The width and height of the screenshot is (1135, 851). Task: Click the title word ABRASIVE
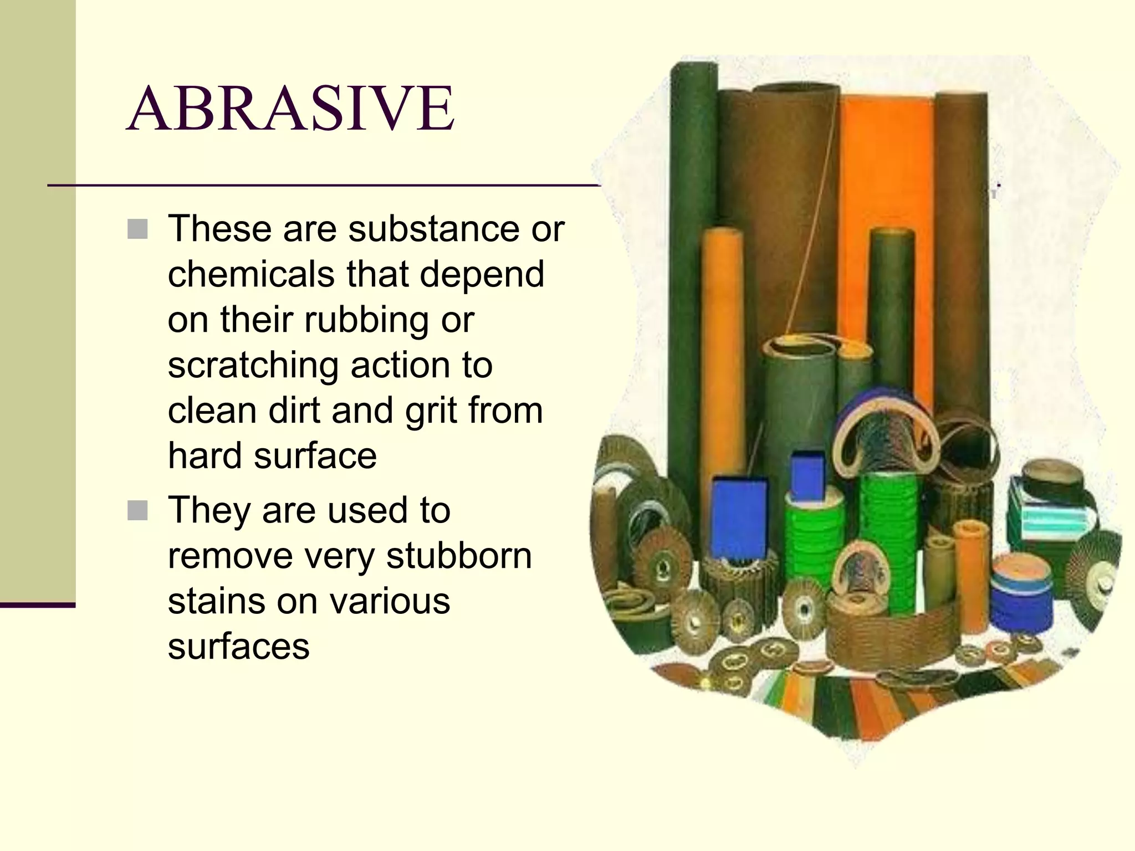[x=292, y=109]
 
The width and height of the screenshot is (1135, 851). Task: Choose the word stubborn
[x=459, y=556]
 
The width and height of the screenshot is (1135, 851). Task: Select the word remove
[x=230, y=556]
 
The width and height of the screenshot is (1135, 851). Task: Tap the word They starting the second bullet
[x=209, y=510]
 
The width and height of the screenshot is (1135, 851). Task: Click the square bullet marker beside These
[x=137, y=229]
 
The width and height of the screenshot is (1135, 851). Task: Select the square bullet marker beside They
[x=137, y=510]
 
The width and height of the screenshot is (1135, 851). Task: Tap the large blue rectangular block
[x=739, y=518]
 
